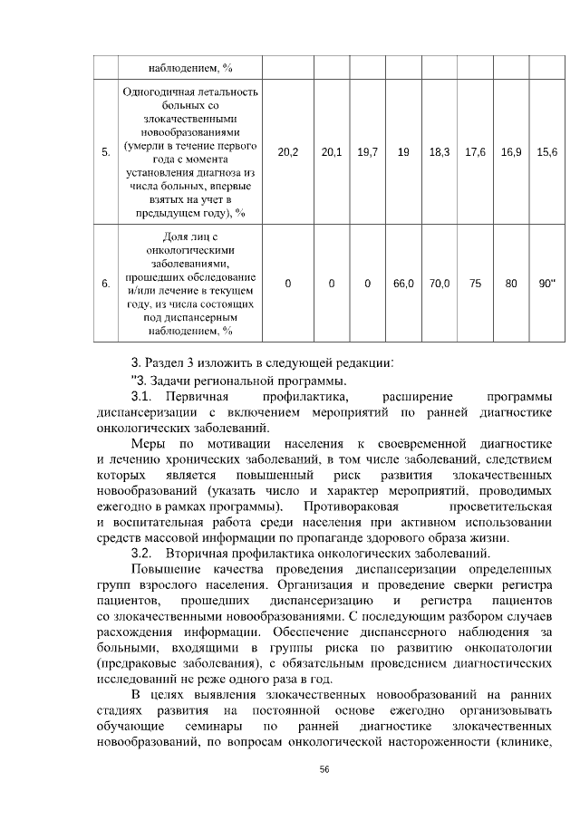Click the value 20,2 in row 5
(x=288, y=152)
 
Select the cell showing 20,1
(x=332, y=152)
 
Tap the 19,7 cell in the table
(x=367, y=152)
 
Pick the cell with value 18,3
(x=440, y=152)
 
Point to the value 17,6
(x=476, y=152)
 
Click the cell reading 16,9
(x=511, y=152)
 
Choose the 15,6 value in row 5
(x=546, y=152)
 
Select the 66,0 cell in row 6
(x=403, y=284)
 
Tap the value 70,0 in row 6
(x=440, y=284)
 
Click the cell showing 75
(x=476, y=284)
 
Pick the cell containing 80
(x=511, y=284)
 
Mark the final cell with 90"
(x=546, y=284)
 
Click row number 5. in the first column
(x=106, y=152)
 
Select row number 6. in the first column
(x=106, y=284)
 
